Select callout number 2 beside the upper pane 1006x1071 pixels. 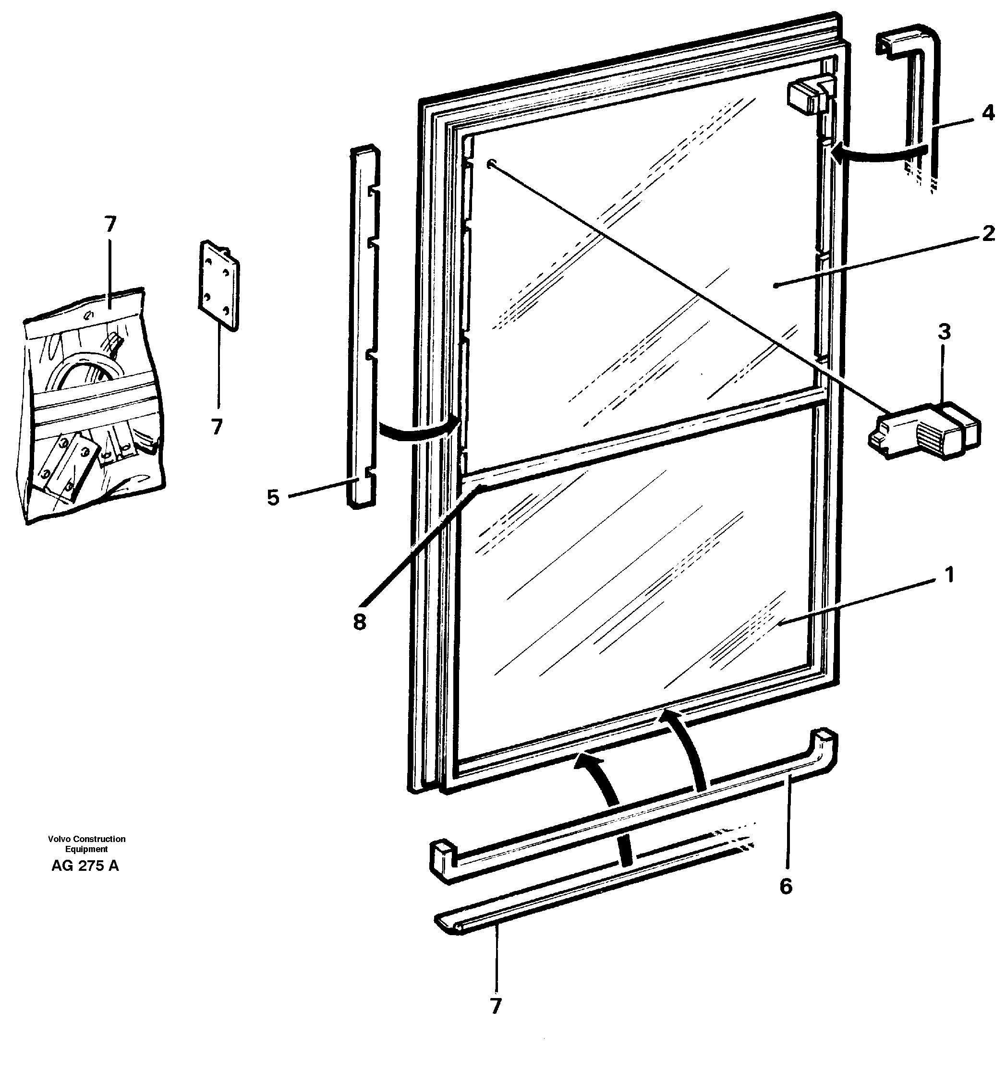pyautogui.click(x=988, y=233)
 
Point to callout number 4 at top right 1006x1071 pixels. pyautogui.click(x=988, y=114)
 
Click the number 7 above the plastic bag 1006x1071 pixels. pyautogui.click(x=110, y=224)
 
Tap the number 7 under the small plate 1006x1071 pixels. pyautogui.click(x=217, y=427)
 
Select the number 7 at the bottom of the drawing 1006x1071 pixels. pyautogui.click(x=496, y=1006)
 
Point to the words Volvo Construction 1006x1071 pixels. pyautogui.click(x=86, y=839)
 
